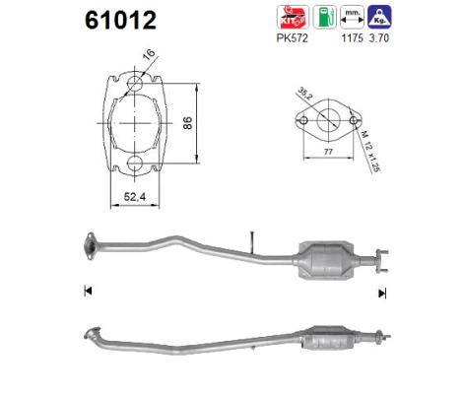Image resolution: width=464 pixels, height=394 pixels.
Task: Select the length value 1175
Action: (353, 41)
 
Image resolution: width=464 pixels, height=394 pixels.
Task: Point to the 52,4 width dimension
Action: (135, 197)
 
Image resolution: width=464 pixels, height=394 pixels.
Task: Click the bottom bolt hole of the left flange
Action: (134, 164)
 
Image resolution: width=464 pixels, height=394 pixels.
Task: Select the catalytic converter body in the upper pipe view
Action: (328, 259)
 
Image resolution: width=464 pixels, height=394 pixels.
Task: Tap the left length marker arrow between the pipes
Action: (89, 291)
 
